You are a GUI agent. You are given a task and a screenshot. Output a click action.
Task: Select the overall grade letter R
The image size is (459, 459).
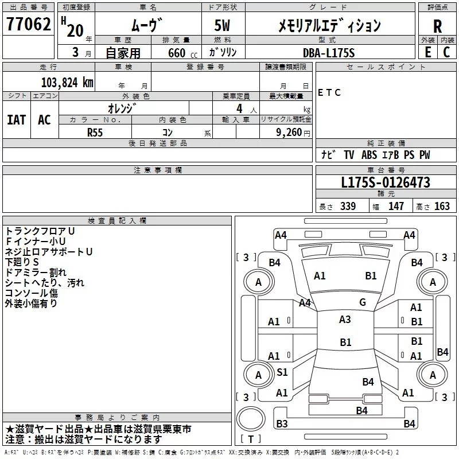point(437,26)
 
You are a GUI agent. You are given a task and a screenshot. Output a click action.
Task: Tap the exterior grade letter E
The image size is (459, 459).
point(427,52)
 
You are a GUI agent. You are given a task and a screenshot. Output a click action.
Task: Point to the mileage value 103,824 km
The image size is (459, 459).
point(67,82)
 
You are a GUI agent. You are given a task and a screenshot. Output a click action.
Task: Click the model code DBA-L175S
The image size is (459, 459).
point(329,53)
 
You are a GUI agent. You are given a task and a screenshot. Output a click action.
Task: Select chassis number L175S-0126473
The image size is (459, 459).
point(386,183)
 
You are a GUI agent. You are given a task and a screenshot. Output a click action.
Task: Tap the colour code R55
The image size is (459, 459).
point(95,131)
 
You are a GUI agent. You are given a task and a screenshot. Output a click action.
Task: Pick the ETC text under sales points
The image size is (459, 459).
point(329,92)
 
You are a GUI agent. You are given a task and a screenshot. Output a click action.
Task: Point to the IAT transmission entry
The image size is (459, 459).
point(16,120)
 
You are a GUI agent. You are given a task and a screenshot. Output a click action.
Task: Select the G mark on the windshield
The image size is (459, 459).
point(362,302)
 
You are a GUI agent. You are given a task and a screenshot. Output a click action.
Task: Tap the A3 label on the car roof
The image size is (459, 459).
point(345,320)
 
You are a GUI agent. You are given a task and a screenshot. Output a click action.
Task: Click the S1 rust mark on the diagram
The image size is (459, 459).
point(282,372)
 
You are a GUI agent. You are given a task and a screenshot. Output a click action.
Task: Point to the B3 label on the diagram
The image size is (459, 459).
point(282,424)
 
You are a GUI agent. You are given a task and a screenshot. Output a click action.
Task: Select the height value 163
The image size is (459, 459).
point(442,207)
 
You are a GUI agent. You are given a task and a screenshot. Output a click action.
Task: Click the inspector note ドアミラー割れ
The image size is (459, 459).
point(36,273)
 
